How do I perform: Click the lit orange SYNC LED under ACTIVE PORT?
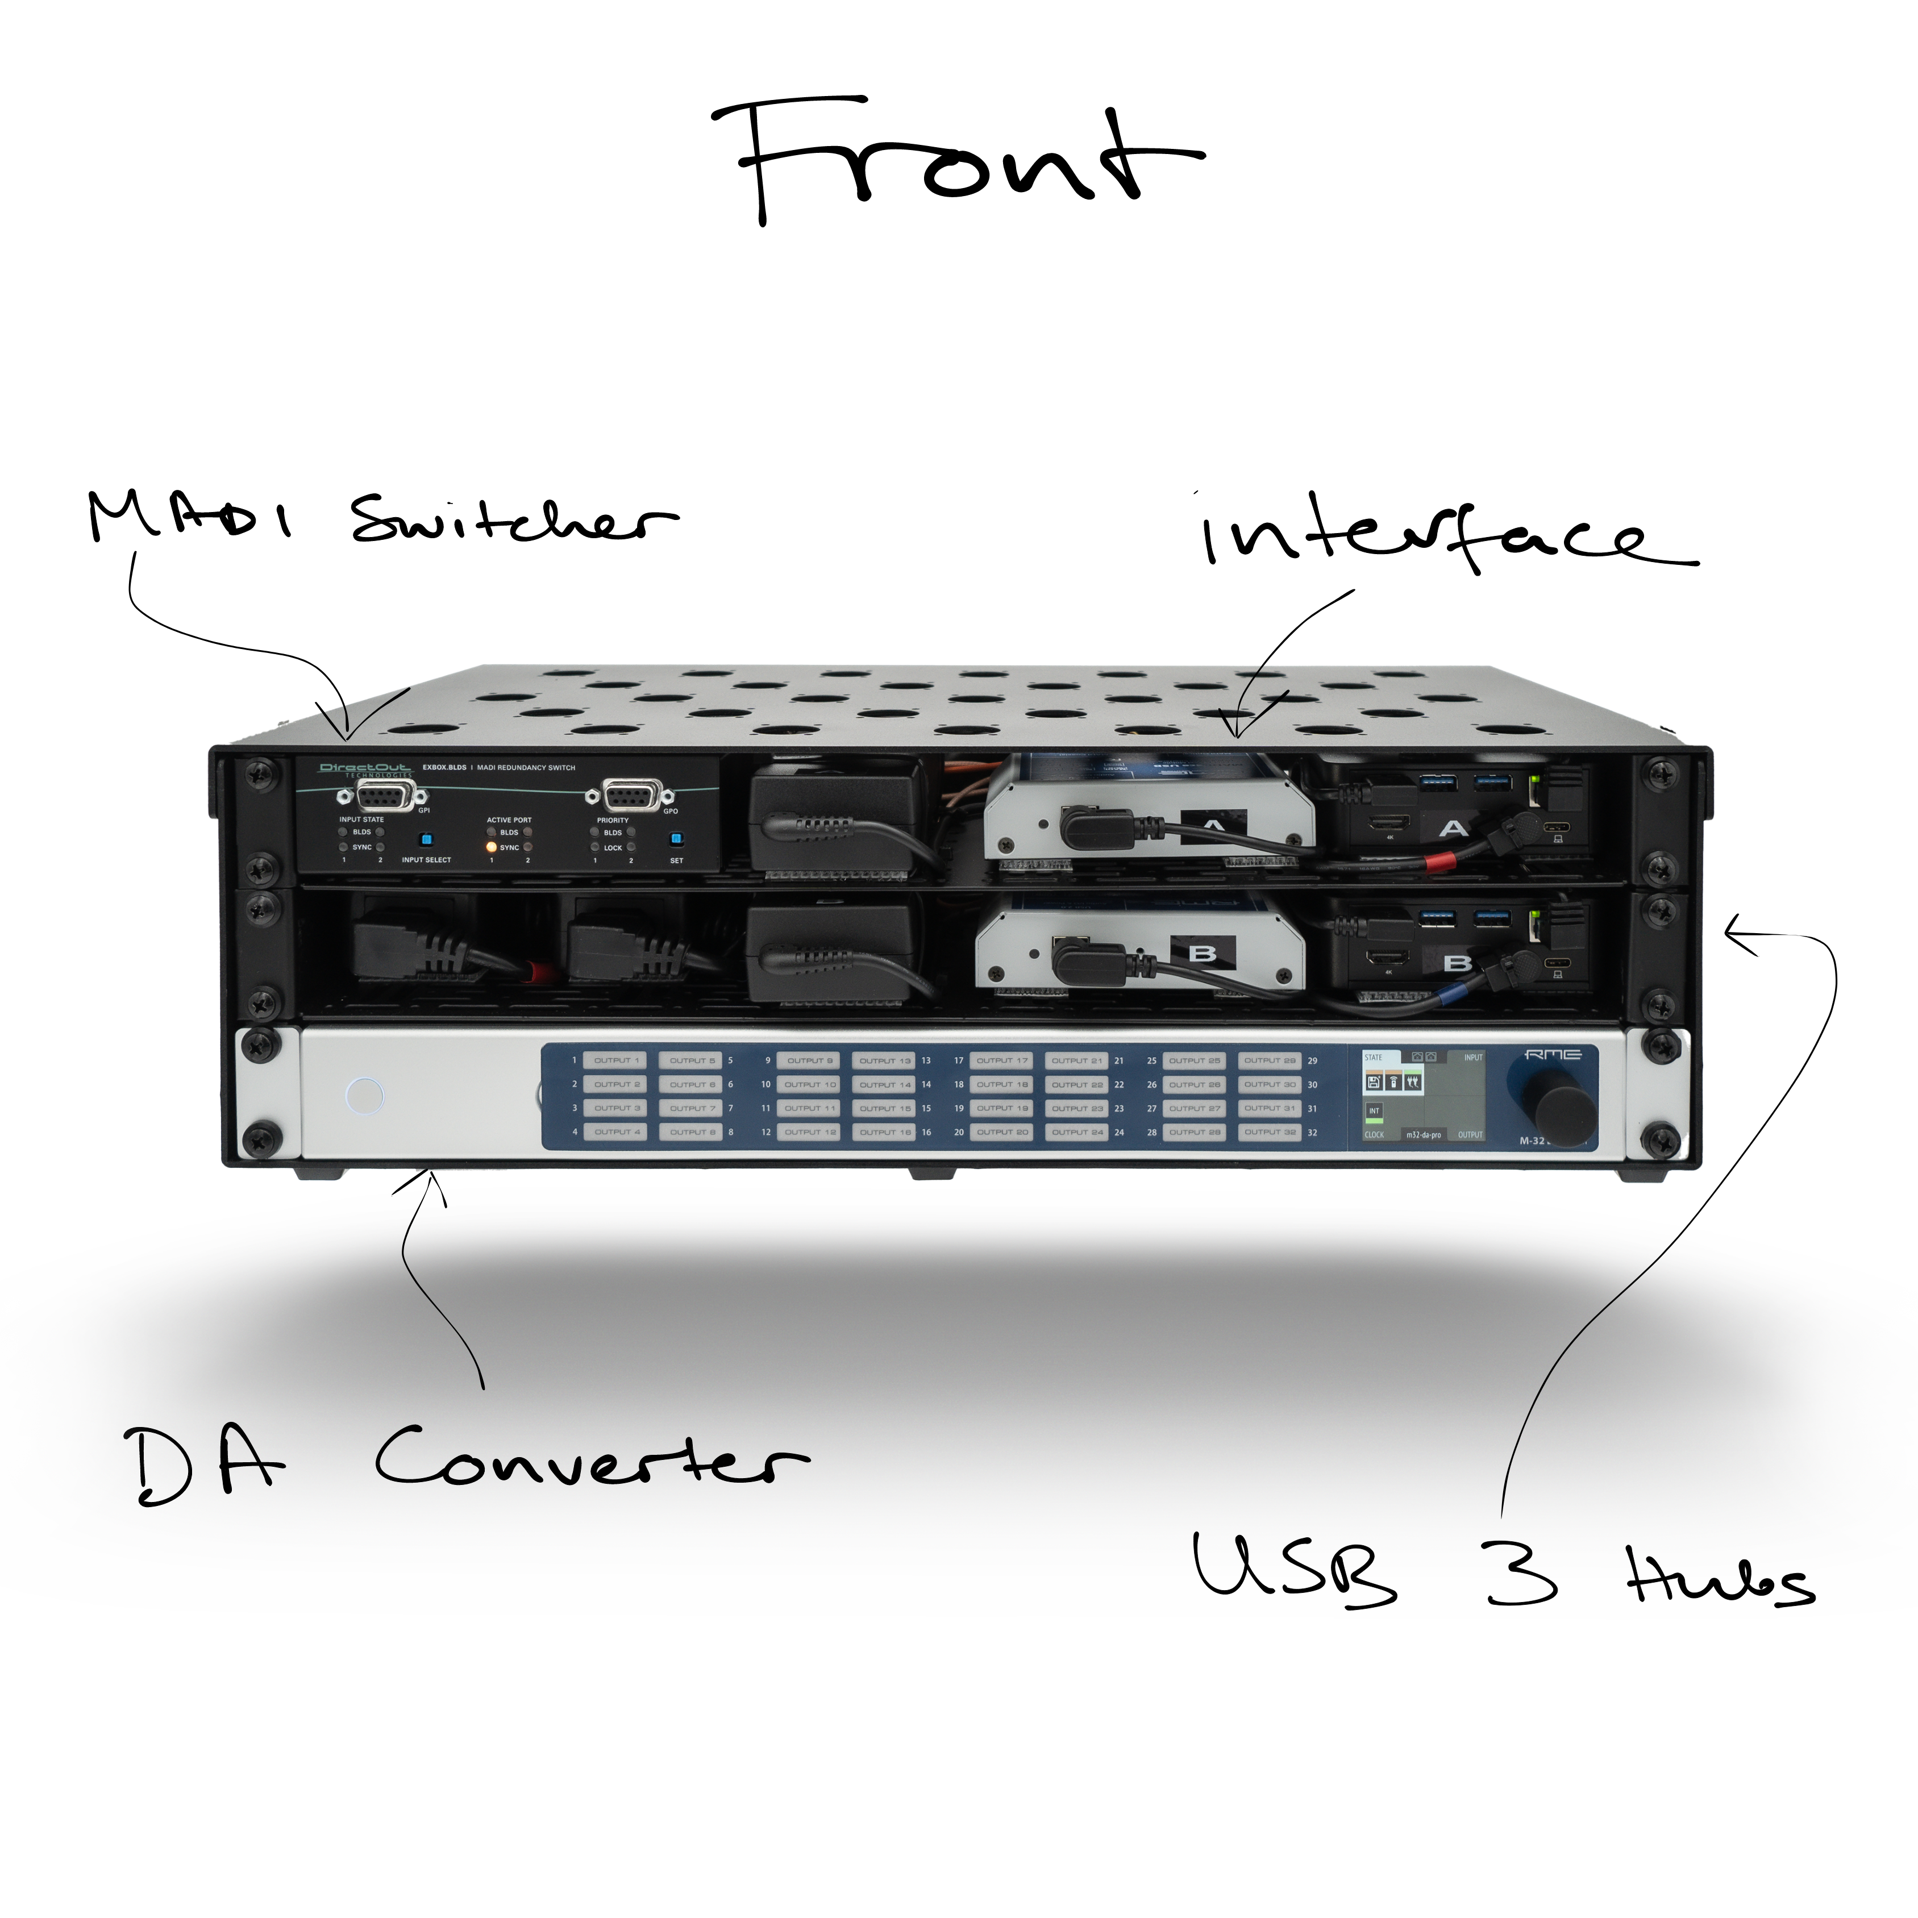(490, 847)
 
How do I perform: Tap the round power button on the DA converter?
(363, 1096)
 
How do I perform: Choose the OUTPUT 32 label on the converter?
(1270, 1131)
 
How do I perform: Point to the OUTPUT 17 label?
(1002, 1060)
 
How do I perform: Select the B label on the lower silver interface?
(1202, 954)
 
